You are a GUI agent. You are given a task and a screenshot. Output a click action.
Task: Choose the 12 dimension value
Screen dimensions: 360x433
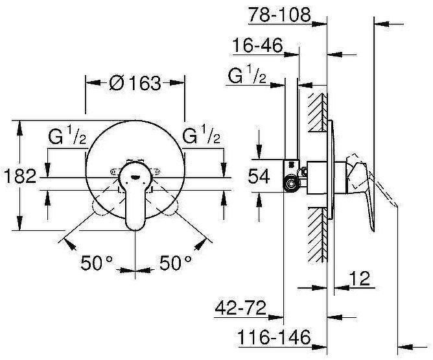pos(360,279)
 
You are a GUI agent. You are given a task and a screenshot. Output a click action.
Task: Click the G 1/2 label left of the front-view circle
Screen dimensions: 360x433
pos(67,137)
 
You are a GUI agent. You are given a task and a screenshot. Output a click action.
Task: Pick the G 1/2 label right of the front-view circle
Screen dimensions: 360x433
pos(202,137)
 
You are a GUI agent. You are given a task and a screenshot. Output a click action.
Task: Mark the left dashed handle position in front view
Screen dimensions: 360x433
pos(104,207)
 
